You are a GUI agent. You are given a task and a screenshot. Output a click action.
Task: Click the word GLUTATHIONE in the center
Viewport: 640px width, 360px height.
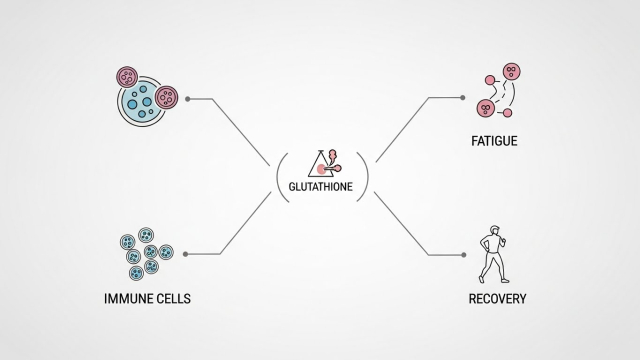coord(320,187)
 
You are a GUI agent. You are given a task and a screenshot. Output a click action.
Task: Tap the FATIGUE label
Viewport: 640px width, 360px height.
coord(494,141)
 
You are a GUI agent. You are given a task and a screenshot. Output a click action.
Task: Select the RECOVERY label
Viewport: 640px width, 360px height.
coord(497,299)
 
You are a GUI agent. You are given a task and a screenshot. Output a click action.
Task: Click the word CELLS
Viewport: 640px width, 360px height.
coord(176,299)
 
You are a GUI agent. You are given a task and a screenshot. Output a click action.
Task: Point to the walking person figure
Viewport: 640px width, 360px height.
coord(493,254)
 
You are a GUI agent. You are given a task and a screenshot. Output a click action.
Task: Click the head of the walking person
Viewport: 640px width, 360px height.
coord(495,230)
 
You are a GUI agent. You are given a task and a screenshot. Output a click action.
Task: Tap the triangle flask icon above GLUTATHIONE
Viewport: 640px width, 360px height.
coord(325,163)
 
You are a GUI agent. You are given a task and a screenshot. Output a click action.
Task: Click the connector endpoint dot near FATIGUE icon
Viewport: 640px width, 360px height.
coord(462,98)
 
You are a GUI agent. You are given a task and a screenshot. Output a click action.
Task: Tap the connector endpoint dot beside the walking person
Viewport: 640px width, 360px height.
coord(463,255)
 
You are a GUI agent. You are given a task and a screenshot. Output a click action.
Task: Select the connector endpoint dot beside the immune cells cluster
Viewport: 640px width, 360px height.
coord(185,254)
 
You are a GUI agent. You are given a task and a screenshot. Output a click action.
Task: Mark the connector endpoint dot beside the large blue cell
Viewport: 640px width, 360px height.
coord(187,99)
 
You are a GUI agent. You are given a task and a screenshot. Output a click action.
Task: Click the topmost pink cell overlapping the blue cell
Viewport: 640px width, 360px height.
coord(127,77)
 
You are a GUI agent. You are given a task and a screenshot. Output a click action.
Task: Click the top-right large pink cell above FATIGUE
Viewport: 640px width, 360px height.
coord(511,72)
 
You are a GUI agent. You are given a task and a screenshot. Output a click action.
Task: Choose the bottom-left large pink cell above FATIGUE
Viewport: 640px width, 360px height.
coord(486,108)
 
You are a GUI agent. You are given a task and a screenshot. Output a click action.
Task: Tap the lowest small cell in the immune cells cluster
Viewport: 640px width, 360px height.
coord(136,273)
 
